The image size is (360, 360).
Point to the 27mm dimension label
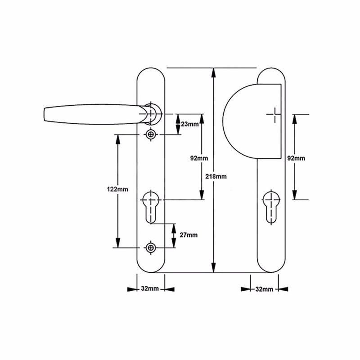click(x=188, y=235)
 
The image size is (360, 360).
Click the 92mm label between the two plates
click(x=198, y=158)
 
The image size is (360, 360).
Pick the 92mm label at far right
click(x=296, y=158)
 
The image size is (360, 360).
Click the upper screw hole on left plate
click(x=150, y=134)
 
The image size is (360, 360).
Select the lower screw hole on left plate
click(x=150, y=247)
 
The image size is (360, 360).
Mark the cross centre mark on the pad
click(x=273, y=115)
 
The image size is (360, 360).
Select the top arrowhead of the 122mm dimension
click(x=118, y=139)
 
